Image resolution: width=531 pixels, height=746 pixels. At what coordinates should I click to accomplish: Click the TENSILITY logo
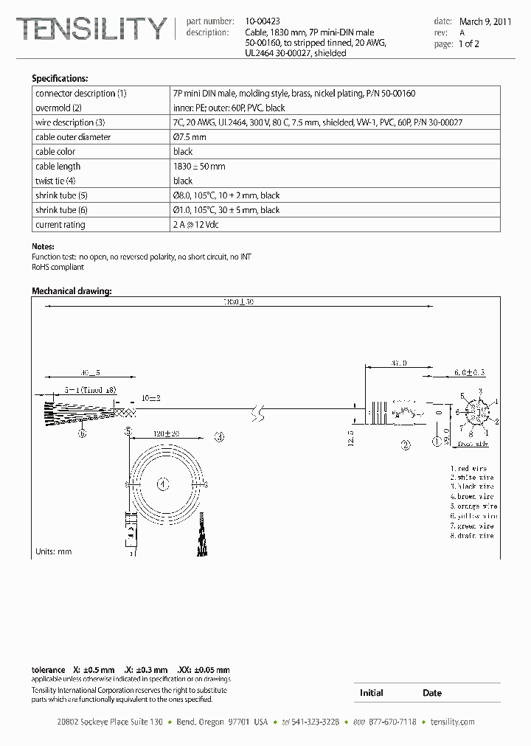(x=91, y=29)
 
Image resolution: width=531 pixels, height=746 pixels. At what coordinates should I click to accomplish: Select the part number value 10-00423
(x=263, y=22)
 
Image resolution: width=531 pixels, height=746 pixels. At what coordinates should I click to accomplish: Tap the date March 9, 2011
(x=485, y=22)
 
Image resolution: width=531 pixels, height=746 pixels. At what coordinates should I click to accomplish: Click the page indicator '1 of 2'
(x=470, y=44)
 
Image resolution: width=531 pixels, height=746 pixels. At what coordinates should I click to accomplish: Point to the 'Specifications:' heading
(x=60, y=78)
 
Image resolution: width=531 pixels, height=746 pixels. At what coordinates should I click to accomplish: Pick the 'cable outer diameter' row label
(x=73, y=137)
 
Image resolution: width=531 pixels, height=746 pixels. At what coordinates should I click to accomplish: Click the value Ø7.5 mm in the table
(x=190, y=137)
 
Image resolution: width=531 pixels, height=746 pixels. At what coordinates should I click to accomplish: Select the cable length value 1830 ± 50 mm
(x=199, y=167)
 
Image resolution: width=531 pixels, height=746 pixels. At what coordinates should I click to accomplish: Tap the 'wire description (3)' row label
(x=70, y=122)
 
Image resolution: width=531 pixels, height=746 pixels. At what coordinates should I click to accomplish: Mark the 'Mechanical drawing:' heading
(x=72, y=291)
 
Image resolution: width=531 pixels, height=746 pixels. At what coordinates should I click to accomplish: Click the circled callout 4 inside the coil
(x=164, y=484)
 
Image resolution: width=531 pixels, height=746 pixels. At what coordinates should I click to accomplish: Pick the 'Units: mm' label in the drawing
(x=54, y=551)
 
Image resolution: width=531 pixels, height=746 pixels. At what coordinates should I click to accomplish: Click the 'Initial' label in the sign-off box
(x=371, y=693)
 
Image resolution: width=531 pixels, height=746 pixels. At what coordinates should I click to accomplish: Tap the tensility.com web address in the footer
(x=452, y=722)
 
